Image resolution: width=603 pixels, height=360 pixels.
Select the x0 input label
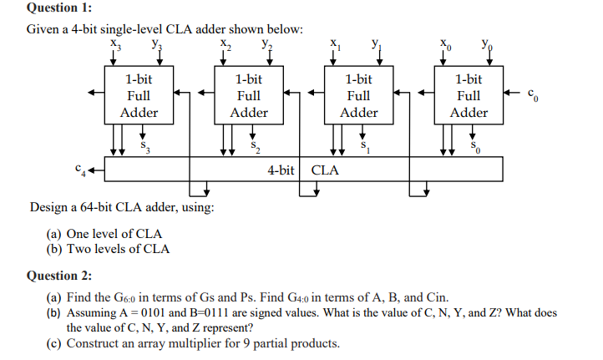coord(446,44)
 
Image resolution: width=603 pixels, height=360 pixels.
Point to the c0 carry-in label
coord(533,94)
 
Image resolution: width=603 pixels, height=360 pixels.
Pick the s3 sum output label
coord(145,146)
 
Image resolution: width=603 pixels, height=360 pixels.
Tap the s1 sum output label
coord(365,146)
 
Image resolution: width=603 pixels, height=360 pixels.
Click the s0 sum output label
coord(475,146)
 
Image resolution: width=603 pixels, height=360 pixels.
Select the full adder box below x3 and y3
coord(139,95)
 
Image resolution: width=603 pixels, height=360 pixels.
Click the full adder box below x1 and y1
coord(359,95)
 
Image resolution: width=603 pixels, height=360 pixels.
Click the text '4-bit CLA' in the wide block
coord(303,170)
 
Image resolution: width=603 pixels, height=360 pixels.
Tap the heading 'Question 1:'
coord(59,8)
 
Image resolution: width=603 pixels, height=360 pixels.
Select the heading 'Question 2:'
coord(59,276)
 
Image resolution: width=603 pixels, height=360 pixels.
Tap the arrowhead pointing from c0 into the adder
coord(507,93)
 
